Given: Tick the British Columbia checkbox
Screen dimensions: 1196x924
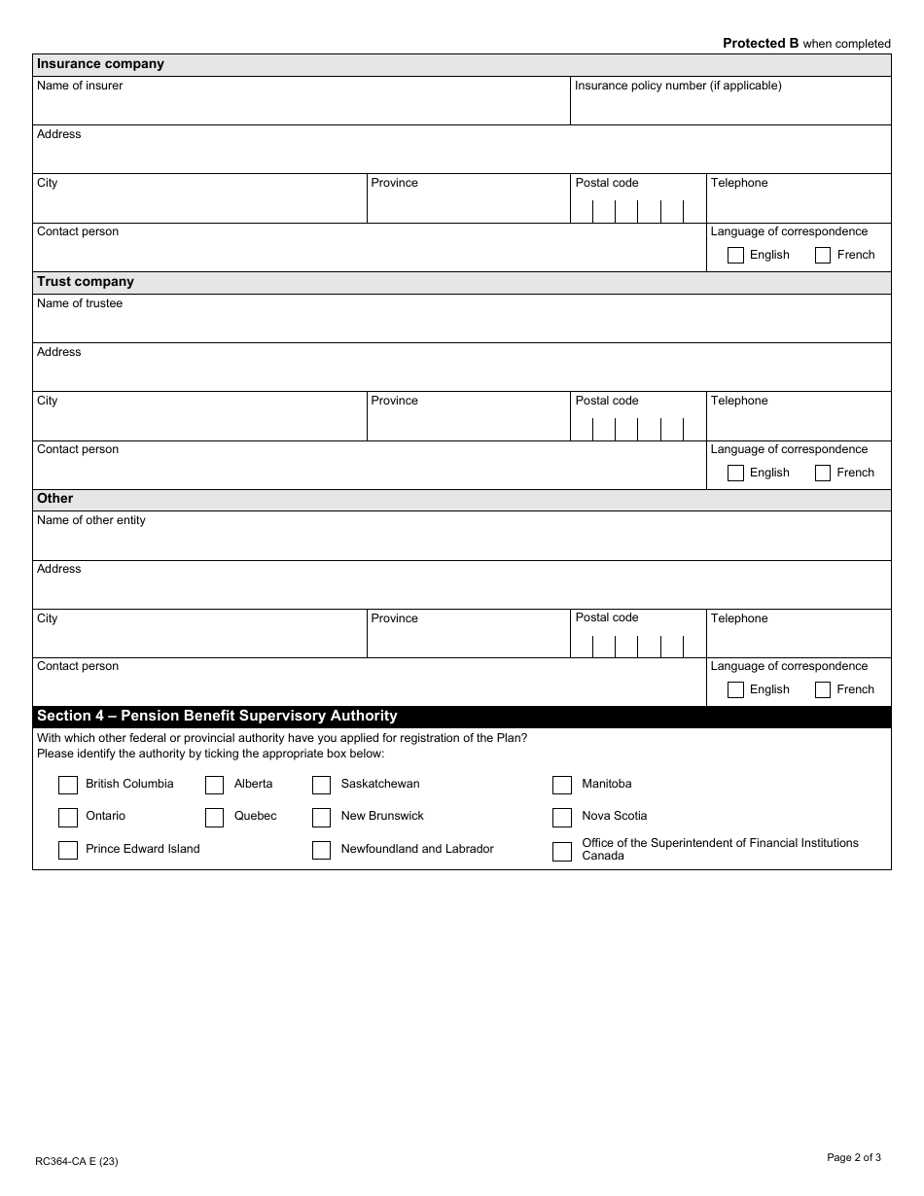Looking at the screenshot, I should click(x=68, y=785).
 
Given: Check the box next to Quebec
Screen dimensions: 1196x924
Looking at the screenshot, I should click(x=215, y=817).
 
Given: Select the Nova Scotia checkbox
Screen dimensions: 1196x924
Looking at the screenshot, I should click(x=562, y=817).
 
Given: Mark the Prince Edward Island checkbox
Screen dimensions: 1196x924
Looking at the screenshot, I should click(x=68, y=850).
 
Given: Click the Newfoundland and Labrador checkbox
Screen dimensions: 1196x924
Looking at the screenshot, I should click(x=322, y=850).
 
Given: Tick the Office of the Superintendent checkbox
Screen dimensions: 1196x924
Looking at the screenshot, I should click(x=562, y=852).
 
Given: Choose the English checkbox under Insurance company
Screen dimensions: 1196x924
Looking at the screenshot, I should click(x=736, y=256).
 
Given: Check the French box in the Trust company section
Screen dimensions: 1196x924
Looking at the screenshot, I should click(x=823, y=474).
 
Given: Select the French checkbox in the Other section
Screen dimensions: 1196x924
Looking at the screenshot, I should click(x=823, y=690).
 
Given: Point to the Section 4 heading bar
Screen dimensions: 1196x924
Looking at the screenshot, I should click(x=462, y=717).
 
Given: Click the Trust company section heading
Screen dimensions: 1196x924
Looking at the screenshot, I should click(x=86, y=282).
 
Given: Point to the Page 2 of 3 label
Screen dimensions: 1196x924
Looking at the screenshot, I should click(x=853, y=1157).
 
